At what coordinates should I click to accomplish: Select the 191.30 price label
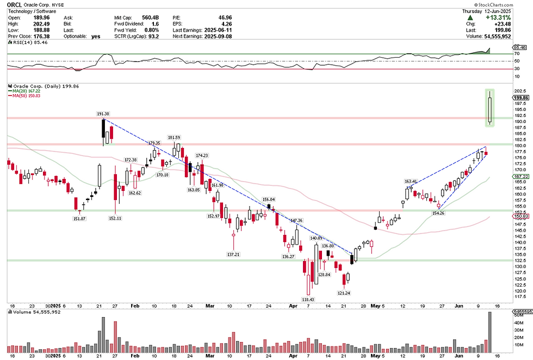(103, 114)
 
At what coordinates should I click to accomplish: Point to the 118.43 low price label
(309, 299)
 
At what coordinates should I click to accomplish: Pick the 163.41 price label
(411, 182)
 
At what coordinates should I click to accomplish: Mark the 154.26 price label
(438, 213)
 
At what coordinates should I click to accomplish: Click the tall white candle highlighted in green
(490, 109)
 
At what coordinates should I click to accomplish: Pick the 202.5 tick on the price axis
(520, 91)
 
